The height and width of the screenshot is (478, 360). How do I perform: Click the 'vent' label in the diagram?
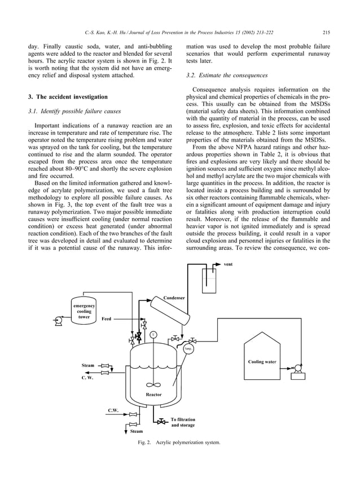[228, 264]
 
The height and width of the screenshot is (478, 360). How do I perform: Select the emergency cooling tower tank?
[84, 311]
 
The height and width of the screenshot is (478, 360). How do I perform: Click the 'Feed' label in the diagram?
[107, 319]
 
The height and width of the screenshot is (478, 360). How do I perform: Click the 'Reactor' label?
[154, 395]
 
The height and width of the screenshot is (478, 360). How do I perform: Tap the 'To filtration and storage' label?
[183, 422]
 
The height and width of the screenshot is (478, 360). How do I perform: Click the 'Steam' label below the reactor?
[137, 431]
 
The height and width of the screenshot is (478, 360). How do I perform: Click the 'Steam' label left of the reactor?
[88, 365]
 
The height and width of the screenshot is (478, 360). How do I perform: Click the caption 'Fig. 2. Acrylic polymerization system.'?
[179, 442]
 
